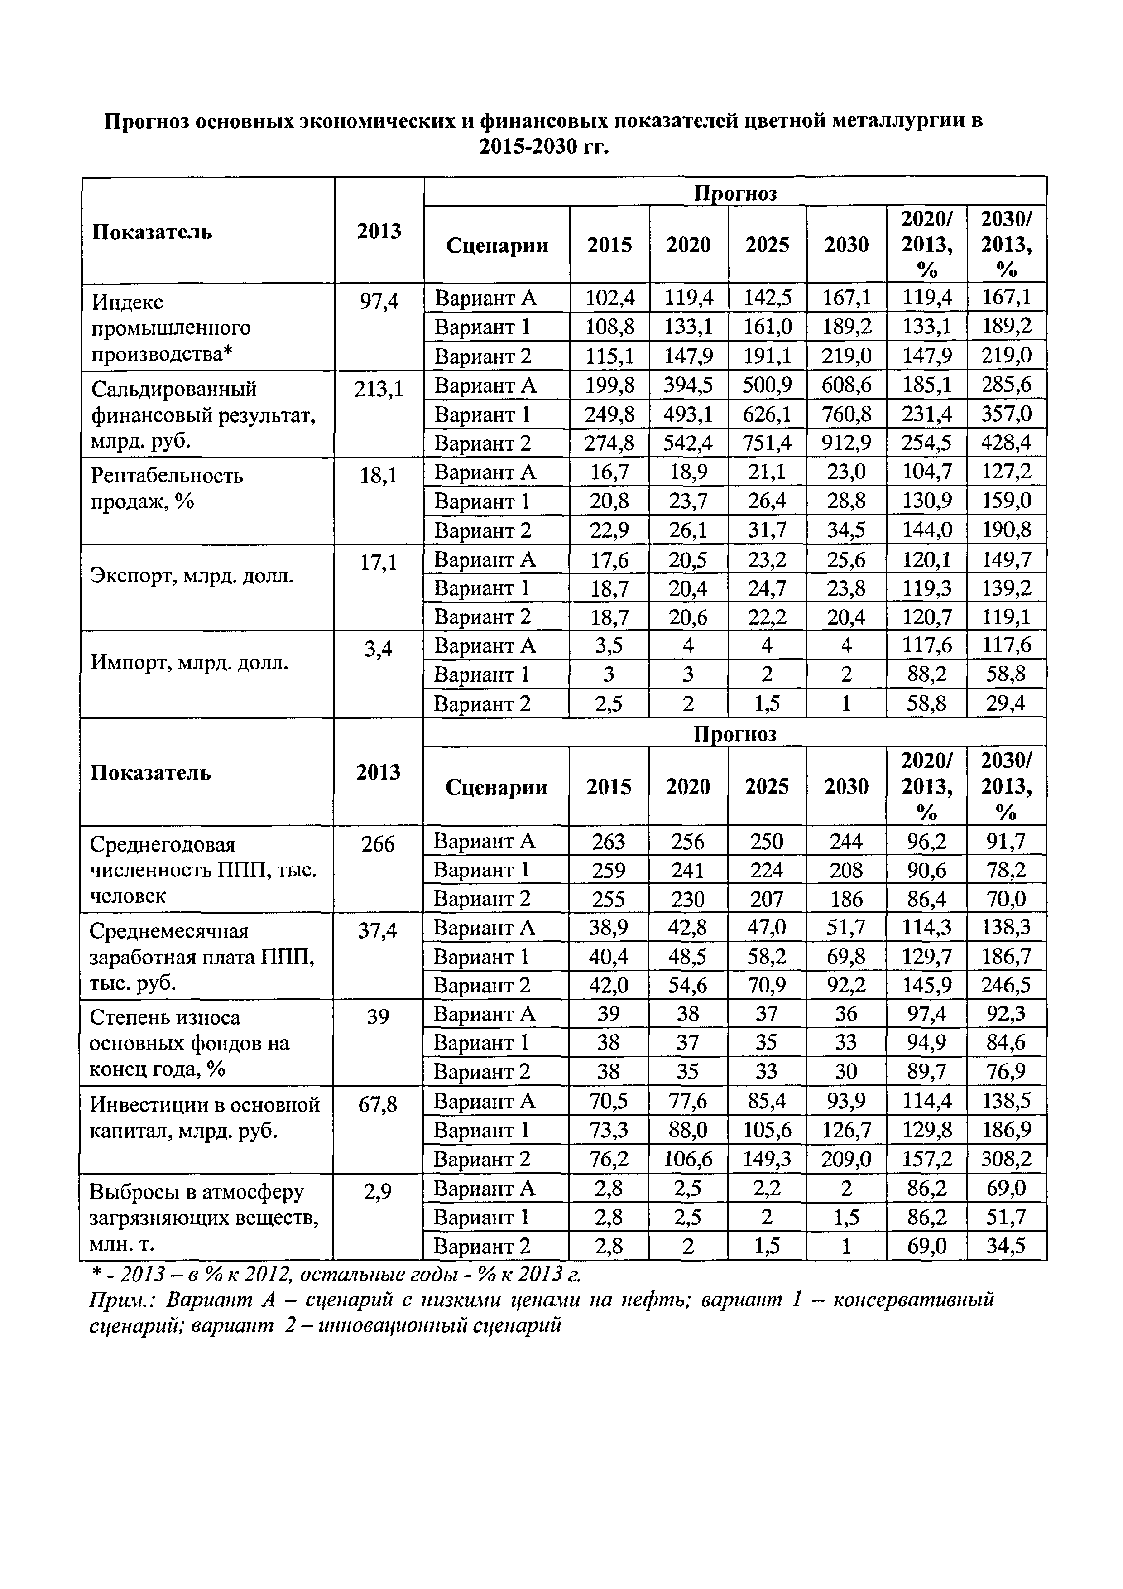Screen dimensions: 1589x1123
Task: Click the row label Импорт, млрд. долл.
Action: pyautogui.click(x=190, y=662)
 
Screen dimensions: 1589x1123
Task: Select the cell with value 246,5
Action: pyautogui.click(x=1006, y=985)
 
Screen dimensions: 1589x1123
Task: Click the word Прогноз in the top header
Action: pyautogui.click(x=735, y=193)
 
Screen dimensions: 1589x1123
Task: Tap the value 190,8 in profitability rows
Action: pyautogui.click(x=1006, y=530)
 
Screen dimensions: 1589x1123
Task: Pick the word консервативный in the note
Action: pyautogui.click(x=913, y=1300)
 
